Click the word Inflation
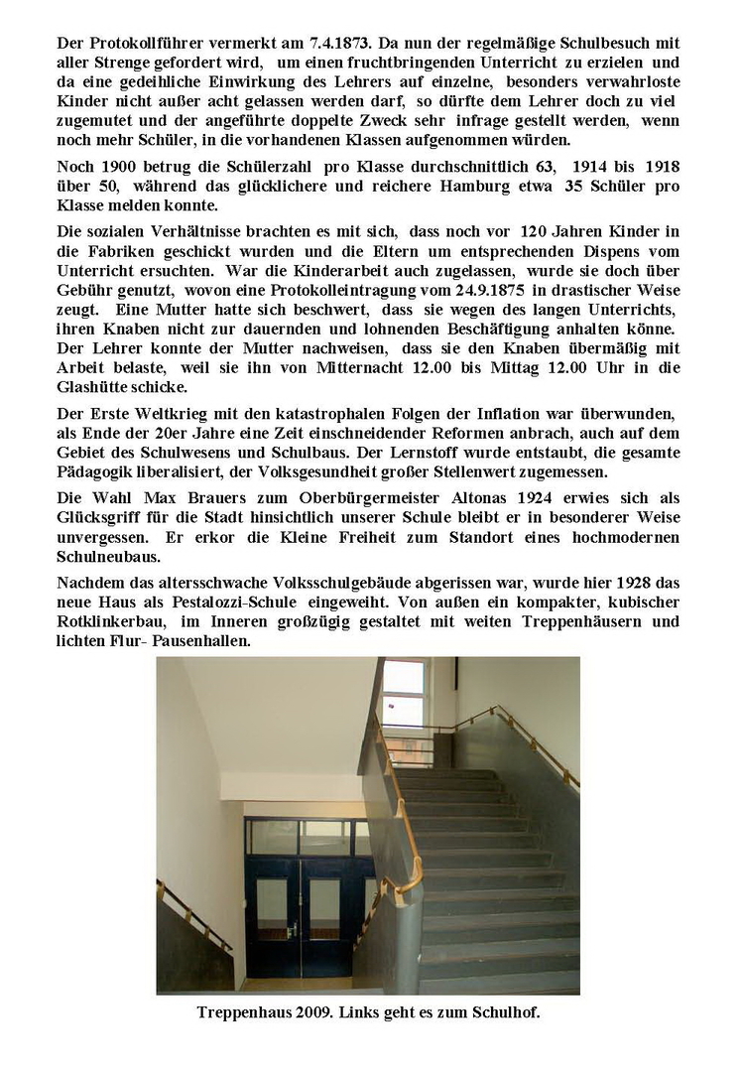pos(548,411)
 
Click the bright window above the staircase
pos(403,696)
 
